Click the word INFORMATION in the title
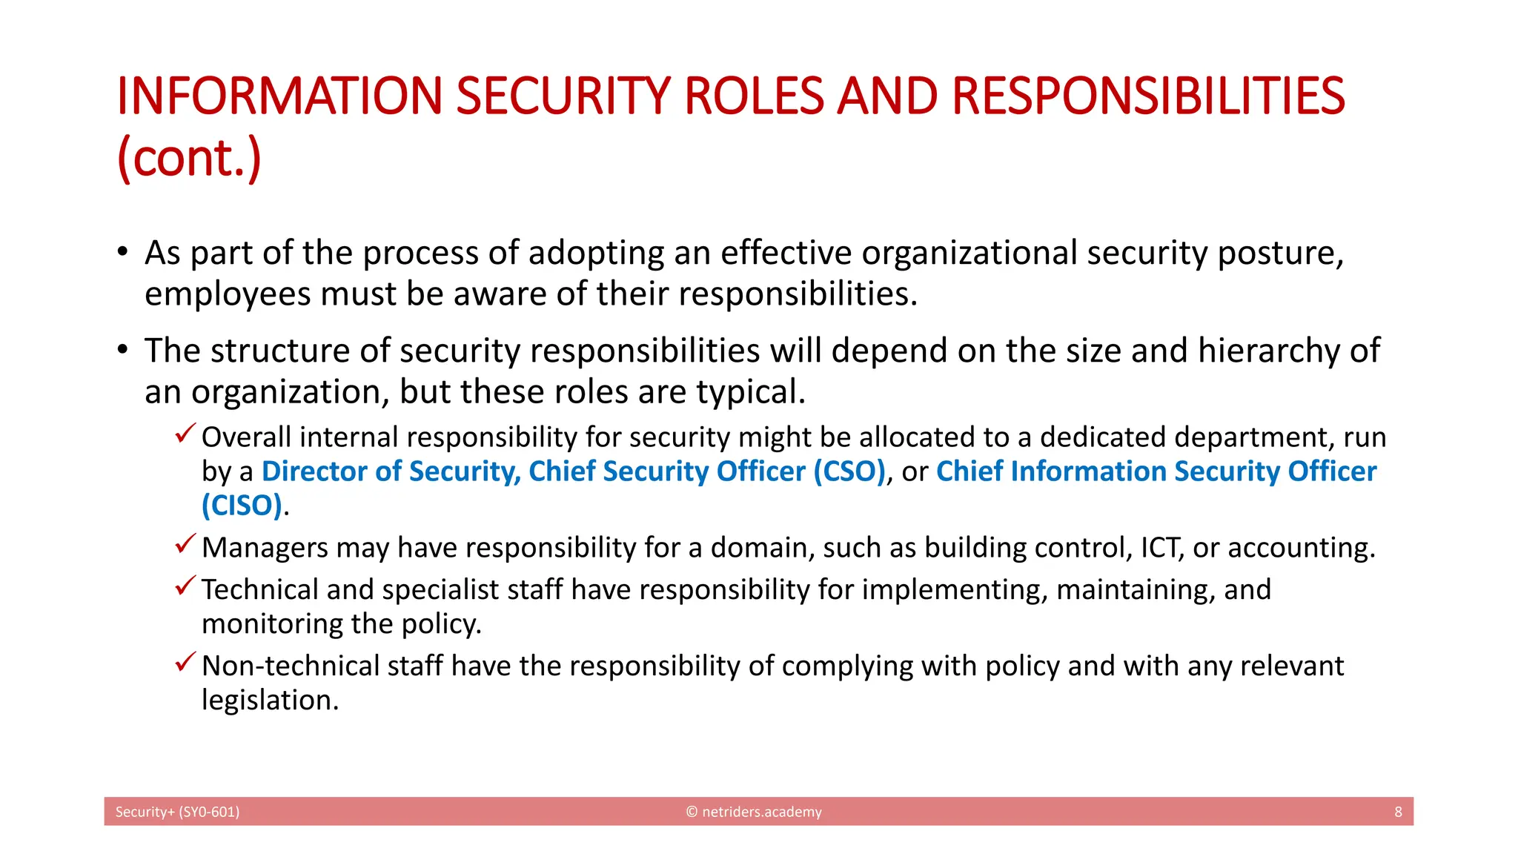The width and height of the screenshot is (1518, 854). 279,96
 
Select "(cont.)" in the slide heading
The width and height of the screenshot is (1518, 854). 189,158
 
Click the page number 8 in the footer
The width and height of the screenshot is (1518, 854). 1398,812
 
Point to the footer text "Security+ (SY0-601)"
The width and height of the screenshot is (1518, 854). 177,812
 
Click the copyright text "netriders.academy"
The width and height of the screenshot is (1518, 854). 761,812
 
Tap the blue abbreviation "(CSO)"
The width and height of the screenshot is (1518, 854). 849,471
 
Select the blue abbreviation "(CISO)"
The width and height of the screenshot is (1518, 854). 242,506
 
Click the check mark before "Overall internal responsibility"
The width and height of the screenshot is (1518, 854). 185,433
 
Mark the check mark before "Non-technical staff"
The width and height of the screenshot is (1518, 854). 185,661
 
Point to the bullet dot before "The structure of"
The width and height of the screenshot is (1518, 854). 122,349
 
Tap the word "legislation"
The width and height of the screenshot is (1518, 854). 270,701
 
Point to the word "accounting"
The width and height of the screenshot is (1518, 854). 1301,548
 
